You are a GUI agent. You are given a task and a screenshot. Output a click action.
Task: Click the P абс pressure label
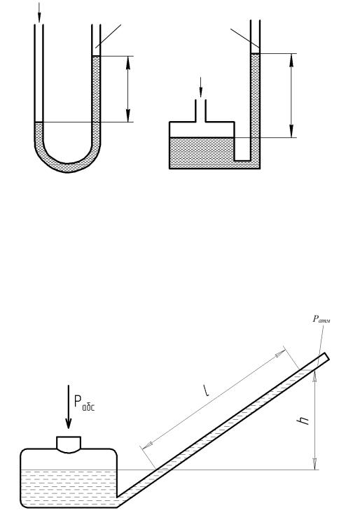(84, 403)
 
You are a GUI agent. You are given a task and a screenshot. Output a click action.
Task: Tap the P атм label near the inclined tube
(321, 318)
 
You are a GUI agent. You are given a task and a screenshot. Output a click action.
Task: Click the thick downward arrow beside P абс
(69, 407)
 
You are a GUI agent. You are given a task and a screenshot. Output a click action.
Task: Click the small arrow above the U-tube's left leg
(39, 13)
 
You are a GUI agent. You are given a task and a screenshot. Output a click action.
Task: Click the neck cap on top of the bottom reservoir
(69, 444)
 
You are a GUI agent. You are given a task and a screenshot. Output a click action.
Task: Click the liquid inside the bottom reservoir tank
(69, 488)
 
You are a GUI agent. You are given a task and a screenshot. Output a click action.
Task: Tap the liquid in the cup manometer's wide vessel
(201, 153)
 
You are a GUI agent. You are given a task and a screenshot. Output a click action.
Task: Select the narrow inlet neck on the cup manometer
(201, 111)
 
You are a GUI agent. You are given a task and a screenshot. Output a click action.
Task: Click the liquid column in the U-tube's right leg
(96, 99)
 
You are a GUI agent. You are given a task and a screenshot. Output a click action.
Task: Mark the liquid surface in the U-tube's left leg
(39, 122)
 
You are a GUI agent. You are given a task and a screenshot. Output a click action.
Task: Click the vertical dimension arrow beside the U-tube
(128, 89)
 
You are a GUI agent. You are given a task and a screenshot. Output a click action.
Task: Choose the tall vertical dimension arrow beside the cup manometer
(291, 95)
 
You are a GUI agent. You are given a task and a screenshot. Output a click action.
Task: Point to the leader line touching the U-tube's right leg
(108, 36)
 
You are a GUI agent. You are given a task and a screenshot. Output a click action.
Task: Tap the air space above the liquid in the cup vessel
(201, 129)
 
